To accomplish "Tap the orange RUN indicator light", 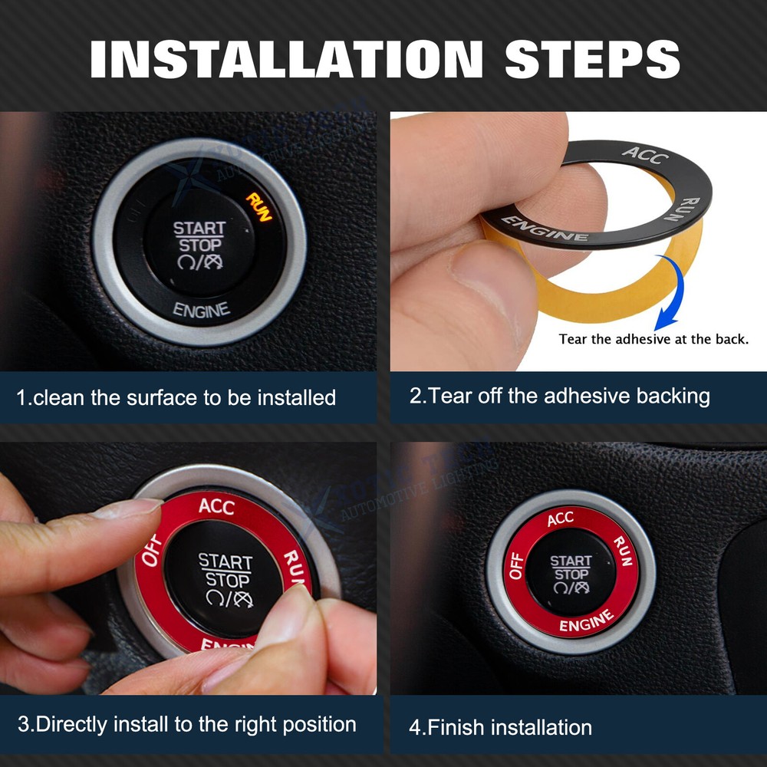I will coord(258,206).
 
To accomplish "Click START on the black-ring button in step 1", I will coord(199,228).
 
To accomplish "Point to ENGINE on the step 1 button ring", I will coord(201,310).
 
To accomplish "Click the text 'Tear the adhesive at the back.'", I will coord(653,338).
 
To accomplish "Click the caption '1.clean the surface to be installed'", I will coord(176,397).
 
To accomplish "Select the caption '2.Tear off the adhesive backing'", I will coord(559,396).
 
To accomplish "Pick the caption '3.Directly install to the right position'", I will coord(186,724).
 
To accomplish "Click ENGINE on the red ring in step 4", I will coord(586,621).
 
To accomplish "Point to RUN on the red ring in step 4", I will coord(622,551).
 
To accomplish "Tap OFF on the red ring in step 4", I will coord(516,566).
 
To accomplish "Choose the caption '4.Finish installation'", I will coord(500,726).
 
